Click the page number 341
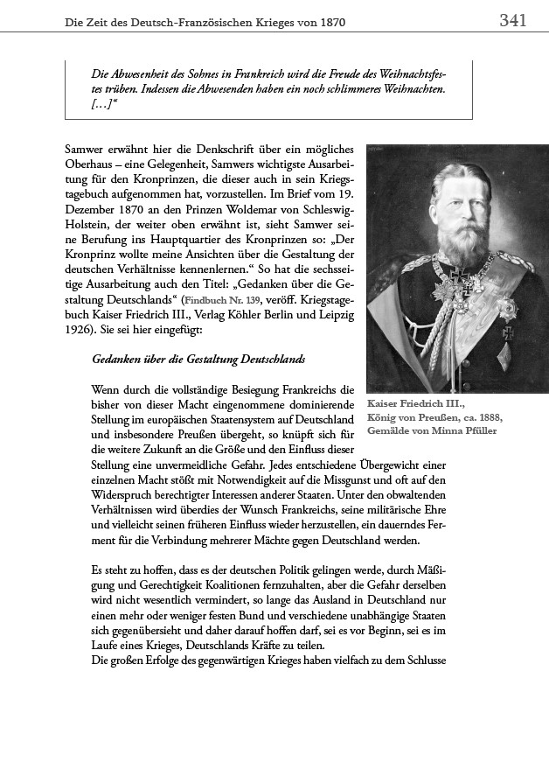tap(512, 20)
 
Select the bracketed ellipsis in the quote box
tap(105, 104)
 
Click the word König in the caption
tap(383, 418)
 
